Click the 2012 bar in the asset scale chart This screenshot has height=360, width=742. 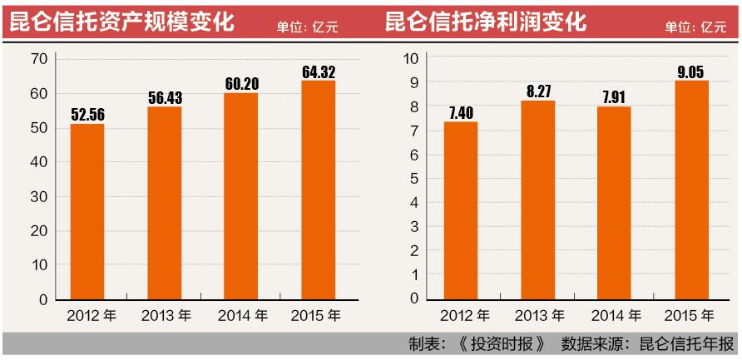87,211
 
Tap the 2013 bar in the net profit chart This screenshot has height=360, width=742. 538,200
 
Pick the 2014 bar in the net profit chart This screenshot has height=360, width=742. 615,203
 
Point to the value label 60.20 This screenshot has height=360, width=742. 242,84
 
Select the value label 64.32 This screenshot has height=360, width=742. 319,72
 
